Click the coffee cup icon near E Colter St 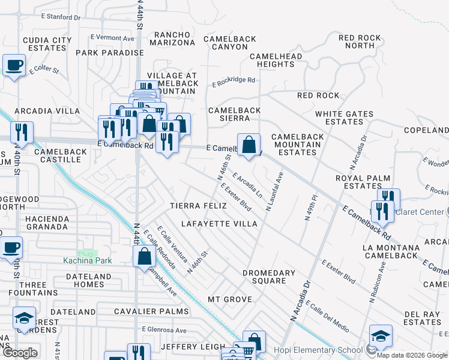pyautogui.click(x=14, y=65)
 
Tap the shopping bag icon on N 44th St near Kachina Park pyautogui.click(x=145, y=256)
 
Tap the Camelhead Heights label pyautogui.click(x=276, y=60)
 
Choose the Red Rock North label pyautogui.click(x=360, y=41)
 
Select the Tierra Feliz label pyautogui.click(x=198, y=206)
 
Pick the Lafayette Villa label pyautogui.click(x=211, y=224)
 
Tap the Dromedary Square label pyautogui.click(x=268, y=277)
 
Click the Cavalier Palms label pyautogui.click(x=152, y=311)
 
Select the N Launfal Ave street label pyautogui.click(x=274, y=191)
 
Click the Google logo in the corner pyautogui.click(x=20, y=353)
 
